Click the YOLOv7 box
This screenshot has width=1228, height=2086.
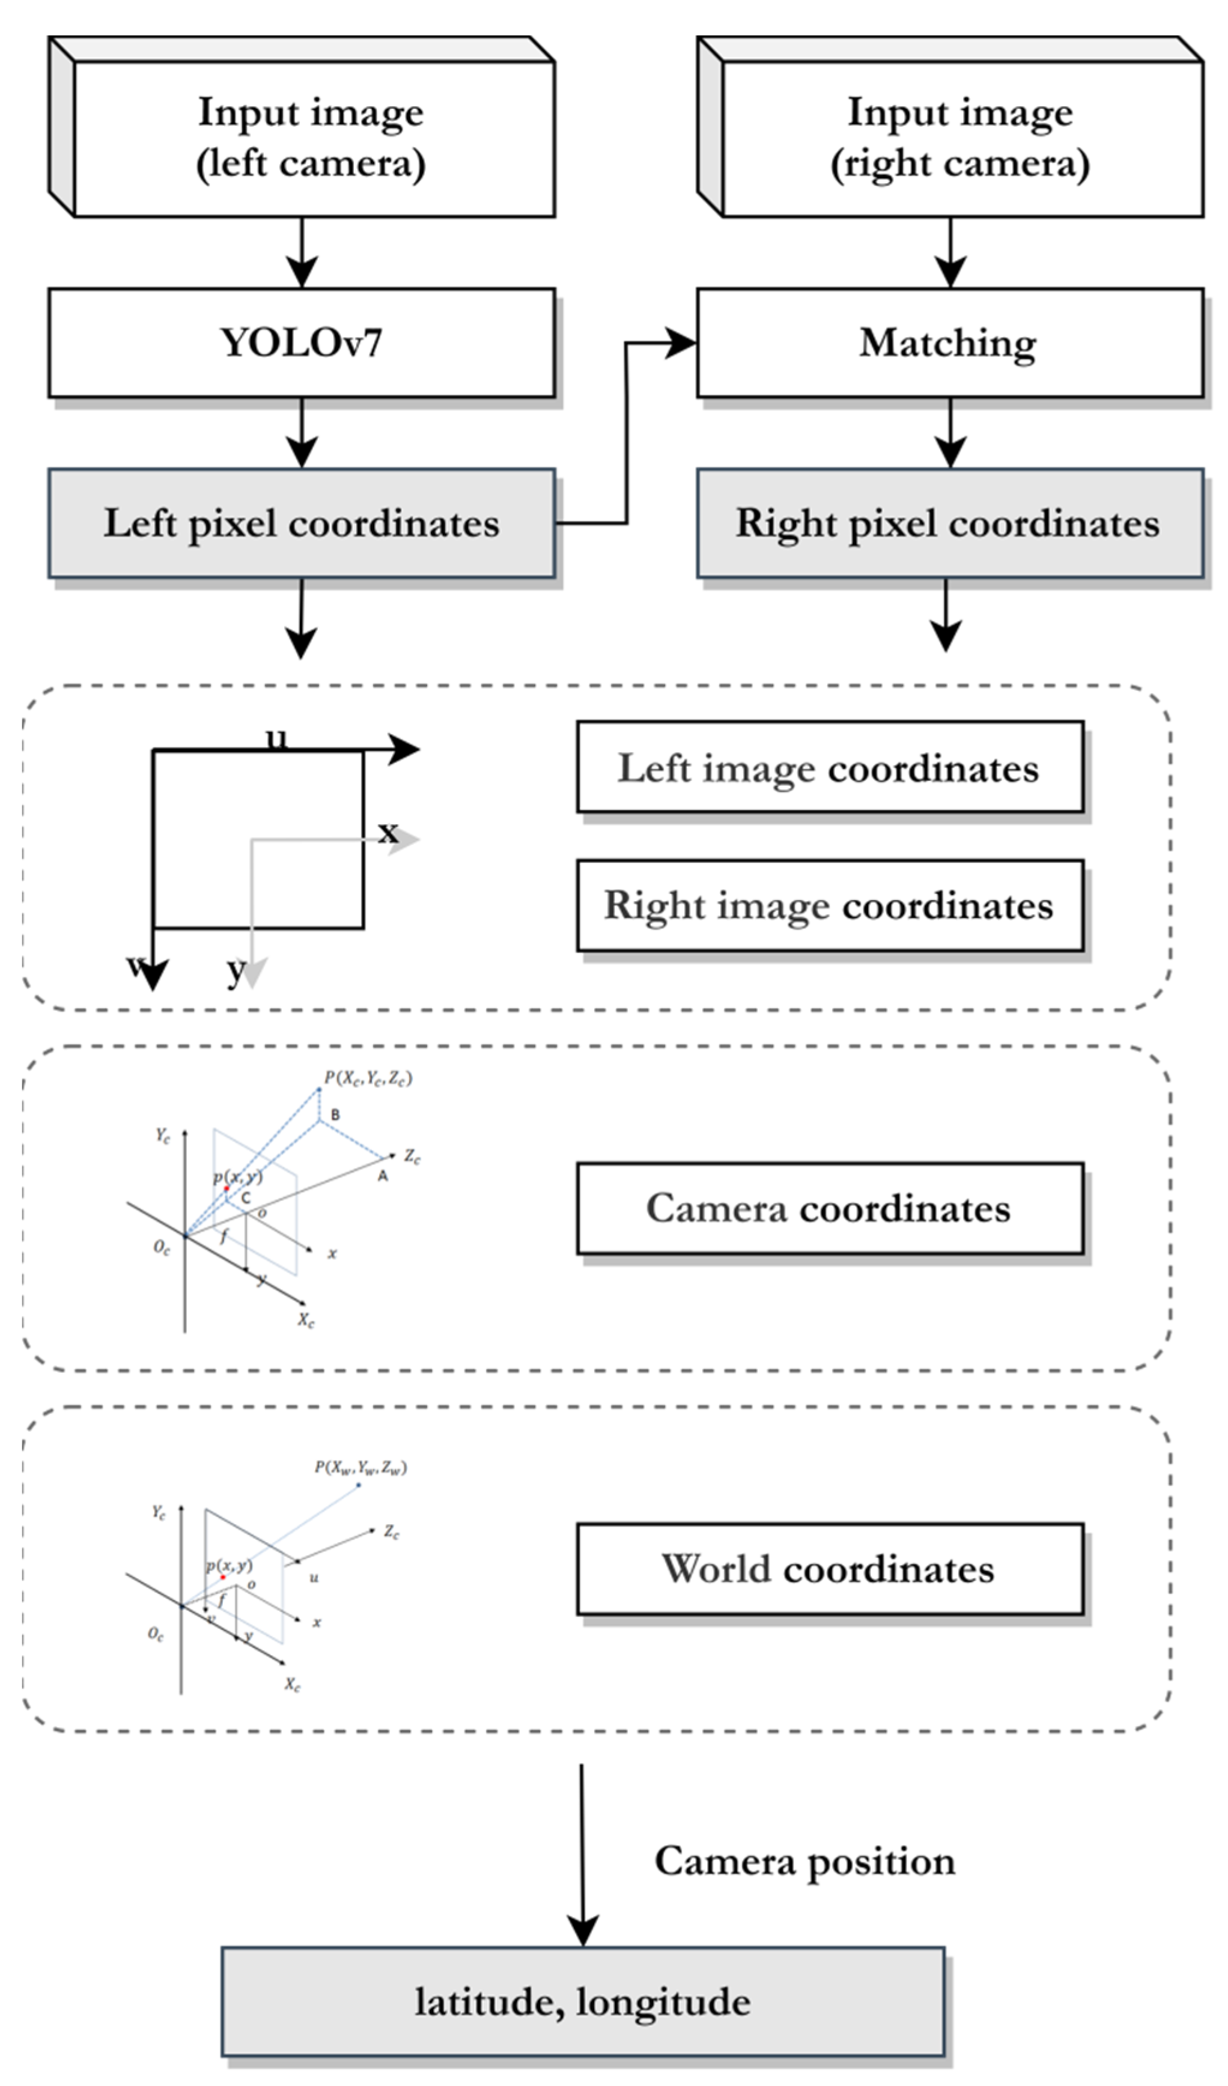[301, 342]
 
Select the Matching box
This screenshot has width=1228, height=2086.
[949, 342]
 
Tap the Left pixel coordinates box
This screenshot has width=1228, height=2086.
[301, 523]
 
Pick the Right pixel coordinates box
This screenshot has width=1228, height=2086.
[949, 523]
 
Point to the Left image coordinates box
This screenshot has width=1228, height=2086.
[830, 767]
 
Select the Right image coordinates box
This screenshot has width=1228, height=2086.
[830, 905]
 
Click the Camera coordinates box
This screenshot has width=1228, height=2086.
[830, 1209]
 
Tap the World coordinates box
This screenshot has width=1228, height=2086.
[830, 1569]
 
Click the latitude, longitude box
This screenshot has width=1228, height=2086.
[583, 2001]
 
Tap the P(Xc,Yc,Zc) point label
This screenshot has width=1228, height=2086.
[368, 1078]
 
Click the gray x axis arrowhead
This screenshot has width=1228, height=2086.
[405, 839]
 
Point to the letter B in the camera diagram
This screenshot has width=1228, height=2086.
[335, 1115]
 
